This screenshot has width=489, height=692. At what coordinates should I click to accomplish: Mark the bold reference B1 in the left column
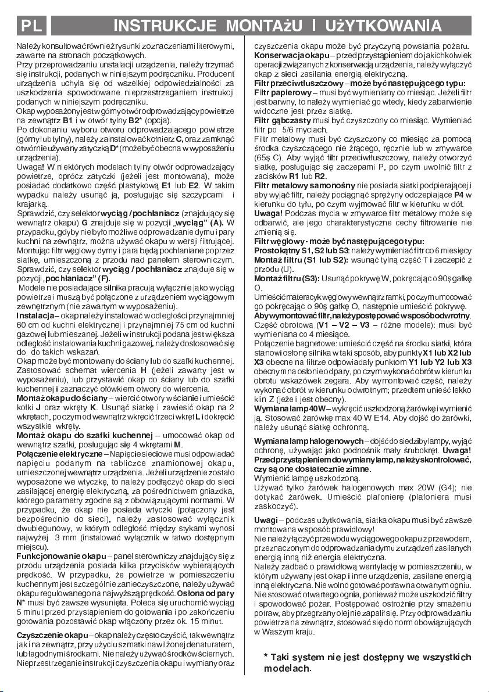[x=67, y=119]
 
